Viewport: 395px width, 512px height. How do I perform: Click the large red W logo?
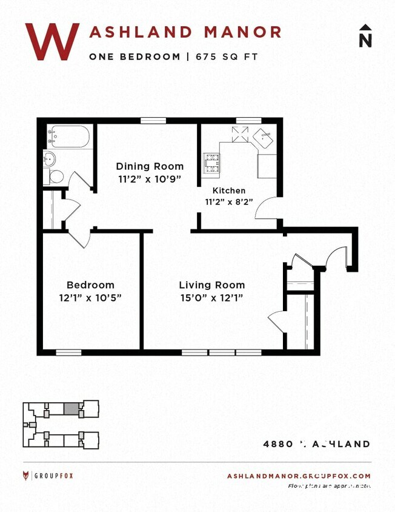[52, 41]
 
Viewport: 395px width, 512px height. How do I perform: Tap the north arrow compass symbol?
[365, 36]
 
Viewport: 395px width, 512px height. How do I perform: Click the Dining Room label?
[150, 166]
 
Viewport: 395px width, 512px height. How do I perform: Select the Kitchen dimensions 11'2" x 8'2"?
[228, 201]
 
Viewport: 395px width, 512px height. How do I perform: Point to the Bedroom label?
[90, 285]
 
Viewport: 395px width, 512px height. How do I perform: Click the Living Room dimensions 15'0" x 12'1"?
[212, 297]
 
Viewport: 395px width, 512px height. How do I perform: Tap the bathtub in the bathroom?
[70, 136]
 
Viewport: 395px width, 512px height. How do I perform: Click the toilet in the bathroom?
[56, 177]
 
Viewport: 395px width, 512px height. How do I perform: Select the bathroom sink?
[49, 160]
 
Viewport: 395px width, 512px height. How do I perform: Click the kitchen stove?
[211, 162]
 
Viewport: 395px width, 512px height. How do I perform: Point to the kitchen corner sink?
[264, 138]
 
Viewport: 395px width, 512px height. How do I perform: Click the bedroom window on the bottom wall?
[68, 352]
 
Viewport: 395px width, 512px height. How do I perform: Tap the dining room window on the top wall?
[153, 120]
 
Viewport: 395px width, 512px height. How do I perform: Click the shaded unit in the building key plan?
[71, 409]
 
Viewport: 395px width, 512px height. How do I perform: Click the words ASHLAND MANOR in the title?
[185, 32]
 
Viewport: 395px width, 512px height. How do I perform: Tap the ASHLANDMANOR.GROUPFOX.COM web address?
[299, 476]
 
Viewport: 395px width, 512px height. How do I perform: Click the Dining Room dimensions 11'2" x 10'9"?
[150, 179]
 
